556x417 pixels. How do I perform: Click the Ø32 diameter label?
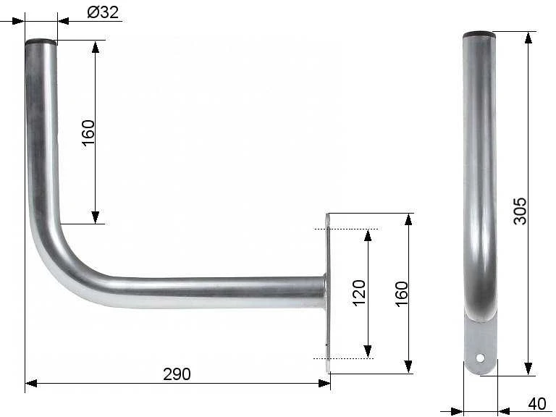point(103,12)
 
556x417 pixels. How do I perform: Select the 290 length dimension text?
point(177,374)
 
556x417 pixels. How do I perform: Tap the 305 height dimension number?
point(521,211)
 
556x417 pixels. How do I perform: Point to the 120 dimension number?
point(359,293)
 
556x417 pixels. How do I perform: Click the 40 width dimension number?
point(537,404)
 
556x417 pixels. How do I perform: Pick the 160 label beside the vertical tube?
point(88,132)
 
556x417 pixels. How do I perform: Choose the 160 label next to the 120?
point(402,294)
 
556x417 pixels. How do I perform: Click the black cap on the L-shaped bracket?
point(41,41)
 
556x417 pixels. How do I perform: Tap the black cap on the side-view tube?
point(479,35)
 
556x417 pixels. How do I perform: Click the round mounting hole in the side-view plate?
point(480,358)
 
